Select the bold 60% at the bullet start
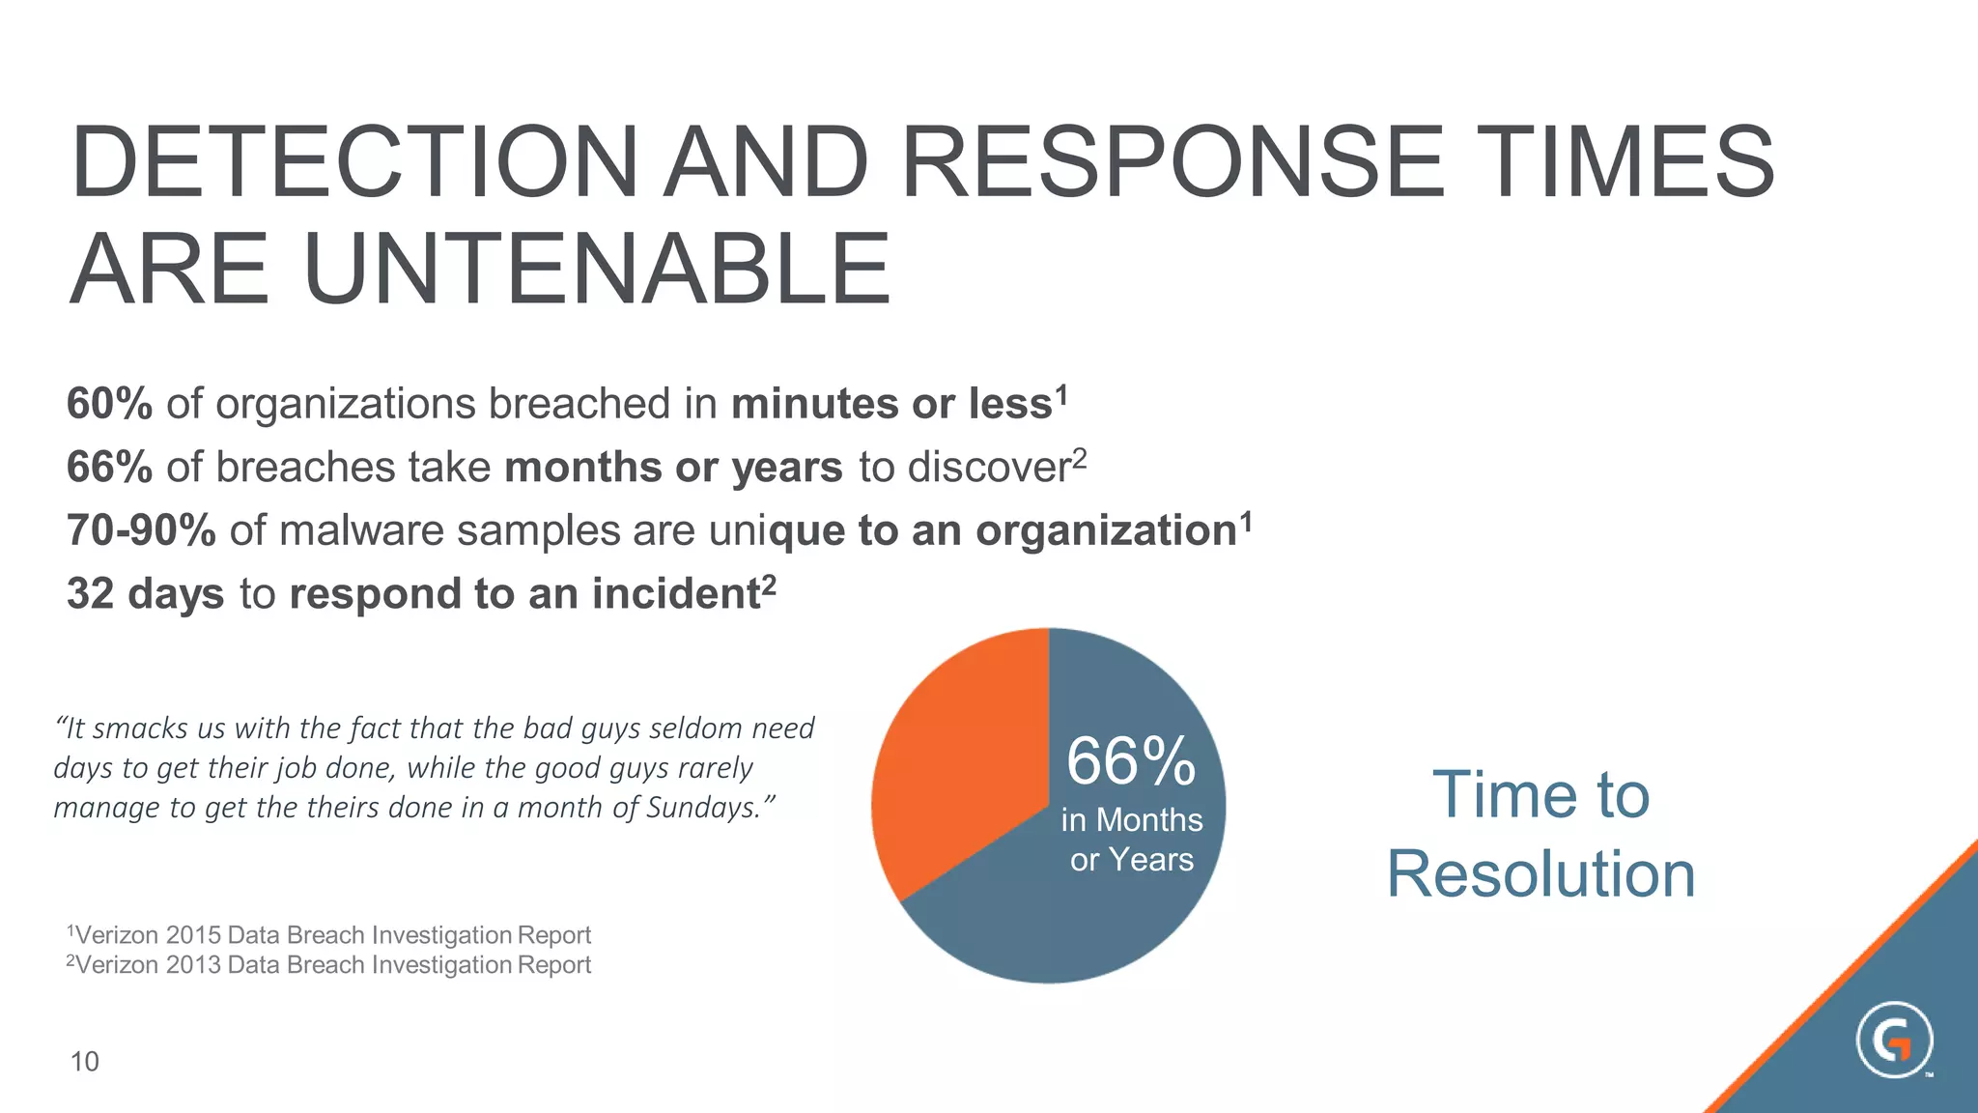(x=109, y=404)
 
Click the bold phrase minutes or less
(x=890, y=404)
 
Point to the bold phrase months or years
(x=673, y=468)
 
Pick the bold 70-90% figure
(x=141, y=530)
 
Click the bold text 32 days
(x=145, y=593)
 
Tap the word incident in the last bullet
(x=676, y=593)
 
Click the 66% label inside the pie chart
(x=1131, y=761)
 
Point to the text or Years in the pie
(x=1131, y=859)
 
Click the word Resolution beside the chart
(x=1540, y=874)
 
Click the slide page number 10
(x=85, y=1062)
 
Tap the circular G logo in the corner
(x=1894, y=1041)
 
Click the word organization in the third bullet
(x=1105, y=530)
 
